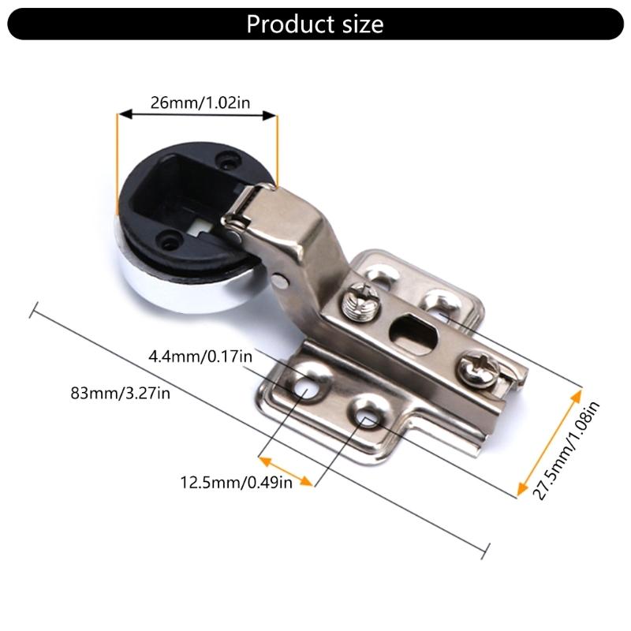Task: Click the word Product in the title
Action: tap(283, 24)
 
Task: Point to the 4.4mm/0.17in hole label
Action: tap(200, 357)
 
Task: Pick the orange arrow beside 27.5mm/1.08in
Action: tap(549, 442)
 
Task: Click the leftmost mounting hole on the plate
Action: tap(305, 386)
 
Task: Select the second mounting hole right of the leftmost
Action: tap(365, 411)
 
